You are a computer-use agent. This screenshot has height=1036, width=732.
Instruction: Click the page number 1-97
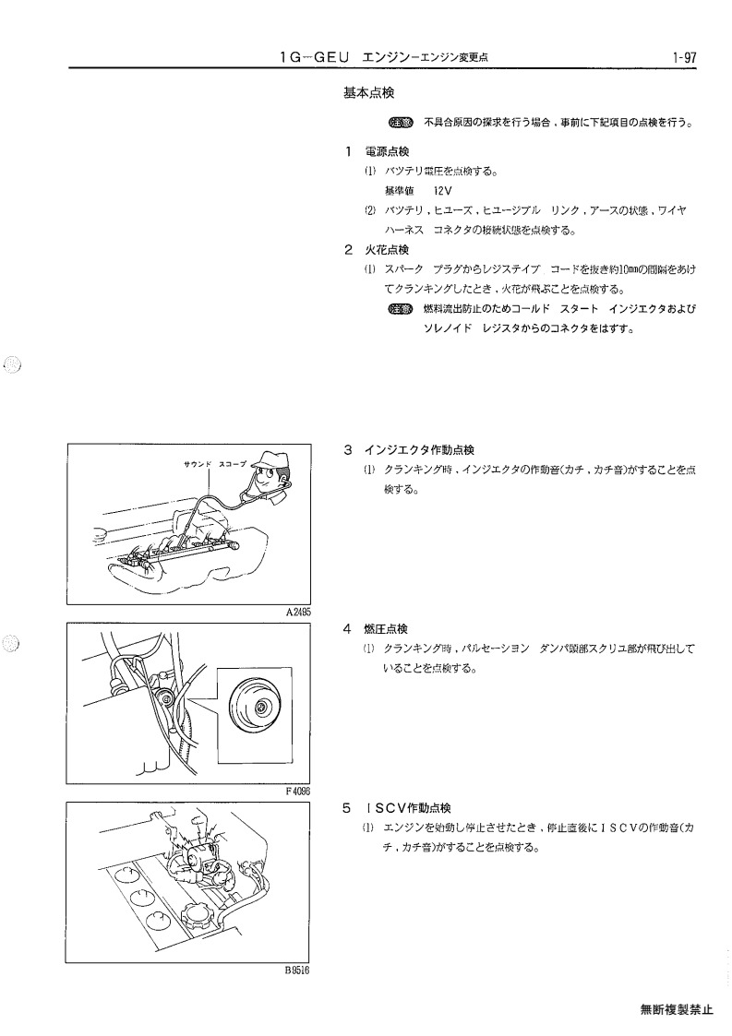pyautogui.click(x=684, y=57)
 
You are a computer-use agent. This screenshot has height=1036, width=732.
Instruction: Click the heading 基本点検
pyautogui.click(x=369, y=93)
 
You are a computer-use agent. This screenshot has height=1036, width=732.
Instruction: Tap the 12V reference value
pyautogui.click(x=443, y=191)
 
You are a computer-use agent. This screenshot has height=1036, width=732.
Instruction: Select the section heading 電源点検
pyautogui.click(x=387, y=152)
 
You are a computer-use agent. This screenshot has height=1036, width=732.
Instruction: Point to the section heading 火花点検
pyautogui.click(x=387, y=250)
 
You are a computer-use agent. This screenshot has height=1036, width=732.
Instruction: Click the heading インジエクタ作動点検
pyautogui.click(x=419, y=450)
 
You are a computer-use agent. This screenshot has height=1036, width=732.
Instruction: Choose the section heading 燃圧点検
pyautogui.click(x=386, y=629)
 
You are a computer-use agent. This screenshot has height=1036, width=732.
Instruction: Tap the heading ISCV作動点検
pyautogui.click(x=407, y=808)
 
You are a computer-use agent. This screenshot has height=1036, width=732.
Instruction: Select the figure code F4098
pyautogui.click(x=297, y=791)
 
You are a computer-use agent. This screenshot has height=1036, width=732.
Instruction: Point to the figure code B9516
pyautogui.click(x=297, y=971)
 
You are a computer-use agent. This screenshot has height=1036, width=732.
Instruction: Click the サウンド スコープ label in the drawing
pyautogui.click(x=215, y=464)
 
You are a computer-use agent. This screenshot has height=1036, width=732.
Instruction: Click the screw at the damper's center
pyautogui.click(x=260, y=708)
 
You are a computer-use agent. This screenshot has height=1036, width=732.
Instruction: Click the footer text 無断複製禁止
pyautogui.click(x=677, y=1009)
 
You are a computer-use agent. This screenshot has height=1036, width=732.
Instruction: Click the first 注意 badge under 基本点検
pyautogui.click(x=401, y=122)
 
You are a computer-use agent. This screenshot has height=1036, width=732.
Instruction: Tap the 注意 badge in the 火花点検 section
pyautogui.click(x=401, y=308)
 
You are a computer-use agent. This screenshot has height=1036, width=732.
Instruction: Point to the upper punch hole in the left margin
pyautogui.click(x=12, y=364)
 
